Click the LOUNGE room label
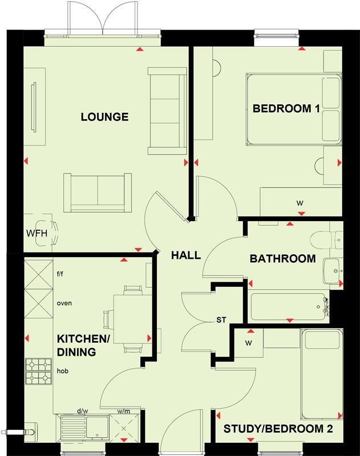click(104, 117)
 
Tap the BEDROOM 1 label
click(286, 108)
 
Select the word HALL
click(186, 255)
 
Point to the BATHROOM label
click(283, 259)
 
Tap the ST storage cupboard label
click(222, 320)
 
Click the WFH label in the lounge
click(35, 233)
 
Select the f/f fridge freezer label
click(60, 274)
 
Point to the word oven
click(64, 303)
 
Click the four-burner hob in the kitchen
click(38, 370)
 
